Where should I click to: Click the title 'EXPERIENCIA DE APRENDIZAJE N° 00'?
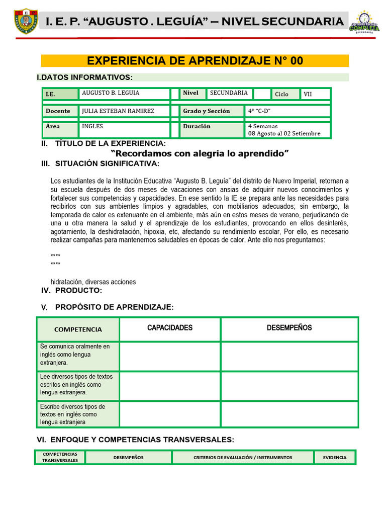click(195, 61)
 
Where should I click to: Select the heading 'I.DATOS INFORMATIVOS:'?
click(85, 77)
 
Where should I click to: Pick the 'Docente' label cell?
click(60, 111)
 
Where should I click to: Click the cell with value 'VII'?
click(315, 94)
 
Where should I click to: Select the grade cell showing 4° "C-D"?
click(287, 111)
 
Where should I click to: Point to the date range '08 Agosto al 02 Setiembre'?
click(284, 133)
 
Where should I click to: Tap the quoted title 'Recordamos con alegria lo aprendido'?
click(200, 153)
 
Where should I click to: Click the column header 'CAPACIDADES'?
click(170, 328)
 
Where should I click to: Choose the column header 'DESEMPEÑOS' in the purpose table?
click(289, 328)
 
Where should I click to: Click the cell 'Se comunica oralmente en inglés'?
click(78, 354)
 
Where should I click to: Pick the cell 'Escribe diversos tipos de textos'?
click(78, 414)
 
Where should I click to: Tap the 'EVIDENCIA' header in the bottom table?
click(335, 457)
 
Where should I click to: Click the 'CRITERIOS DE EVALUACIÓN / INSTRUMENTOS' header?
click(243, 457)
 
